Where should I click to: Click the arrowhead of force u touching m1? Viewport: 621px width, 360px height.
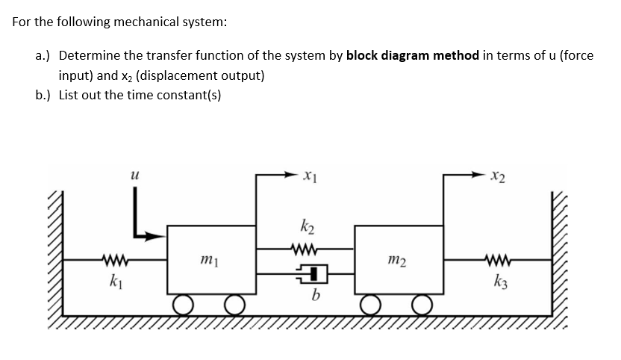pos(159,236)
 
